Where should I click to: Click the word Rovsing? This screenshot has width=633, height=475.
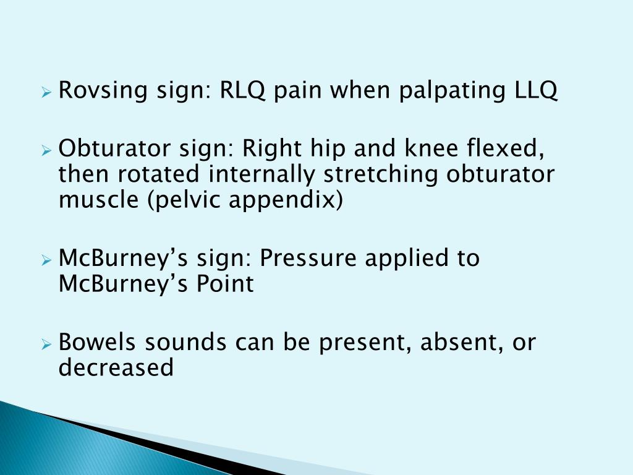pyautogui.click(x=99, y=91)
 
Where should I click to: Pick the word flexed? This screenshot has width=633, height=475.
pyautogui.click(x=509, y=148)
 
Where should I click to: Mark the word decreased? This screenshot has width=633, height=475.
pyautogui.click(x=116, y=368)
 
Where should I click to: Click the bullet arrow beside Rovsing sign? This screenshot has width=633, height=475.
pyautogui.click(x=46, y=93)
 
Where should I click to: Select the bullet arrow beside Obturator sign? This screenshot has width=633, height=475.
pyautogui.click(x=46, y=150)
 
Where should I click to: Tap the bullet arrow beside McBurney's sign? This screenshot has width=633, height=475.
pyautogui.click(x=46, y=260)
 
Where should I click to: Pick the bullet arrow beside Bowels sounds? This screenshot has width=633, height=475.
pyautogui.click(x=46, y=344)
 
